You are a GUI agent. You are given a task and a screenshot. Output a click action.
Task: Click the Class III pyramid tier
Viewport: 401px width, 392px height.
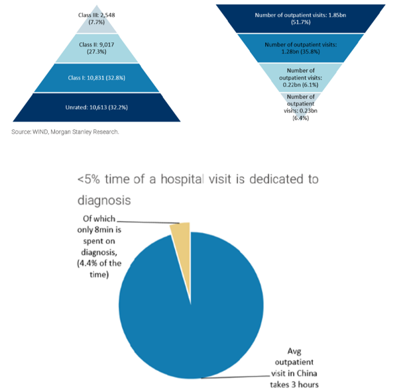(x=97, y=22)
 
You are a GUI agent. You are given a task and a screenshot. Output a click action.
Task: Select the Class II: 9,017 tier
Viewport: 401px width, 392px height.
(x=97, y=48)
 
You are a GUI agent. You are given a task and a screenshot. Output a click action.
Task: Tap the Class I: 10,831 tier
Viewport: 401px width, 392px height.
(x=97, y=77)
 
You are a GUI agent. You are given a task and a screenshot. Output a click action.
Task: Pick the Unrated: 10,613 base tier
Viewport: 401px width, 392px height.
(x=97, y=107)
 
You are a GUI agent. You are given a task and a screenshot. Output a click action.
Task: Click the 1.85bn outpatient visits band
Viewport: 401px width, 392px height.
(x=300, y=19)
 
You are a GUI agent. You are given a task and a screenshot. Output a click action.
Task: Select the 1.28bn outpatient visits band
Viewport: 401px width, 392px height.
(x=300, y=48)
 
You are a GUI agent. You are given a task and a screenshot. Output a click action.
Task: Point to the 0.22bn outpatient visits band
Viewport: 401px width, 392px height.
(x=300, y=77)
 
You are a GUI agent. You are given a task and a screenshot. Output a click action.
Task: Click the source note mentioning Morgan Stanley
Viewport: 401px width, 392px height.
(x=65, y=132)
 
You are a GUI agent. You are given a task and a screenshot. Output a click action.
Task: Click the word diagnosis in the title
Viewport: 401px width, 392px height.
(x=104, y=200)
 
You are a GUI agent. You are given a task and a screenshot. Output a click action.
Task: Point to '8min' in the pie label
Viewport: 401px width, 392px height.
(x=104, y=230)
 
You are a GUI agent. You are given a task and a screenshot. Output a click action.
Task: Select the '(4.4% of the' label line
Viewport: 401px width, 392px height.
(x=99, y=263)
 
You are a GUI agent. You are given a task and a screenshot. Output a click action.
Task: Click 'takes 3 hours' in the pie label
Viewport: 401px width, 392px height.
(x=294, y=384)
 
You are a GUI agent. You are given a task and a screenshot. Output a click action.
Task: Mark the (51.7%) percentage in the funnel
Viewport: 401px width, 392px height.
(x=301, y=23)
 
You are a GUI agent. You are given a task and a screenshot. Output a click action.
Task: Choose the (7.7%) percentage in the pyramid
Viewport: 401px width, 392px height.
(x=97, y=23)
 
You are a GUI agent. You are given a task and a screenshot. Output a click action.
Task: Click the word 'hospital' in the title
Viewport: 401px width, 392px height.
(x=182, y=179)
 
